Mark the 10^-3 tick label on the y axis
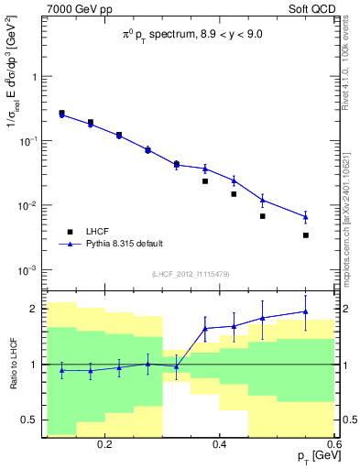point(28,270)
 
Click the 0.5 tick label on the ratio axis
point(30,420)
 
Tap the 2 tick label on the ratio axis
point(35,309)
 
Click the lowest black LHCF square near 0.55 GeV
point(306,235)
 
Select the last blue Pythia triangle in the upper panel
point(306,217)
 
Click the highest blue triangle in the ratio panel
point(306,311)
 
